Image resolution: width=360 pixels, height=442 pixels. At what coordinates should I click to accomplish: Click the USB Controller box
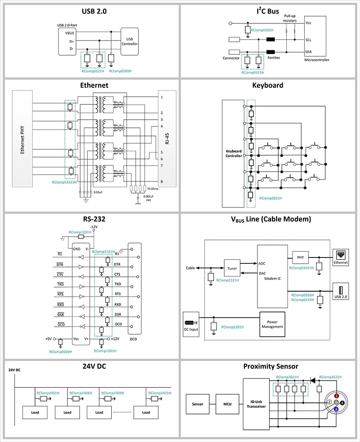pyautogui.click(x=130, y=41)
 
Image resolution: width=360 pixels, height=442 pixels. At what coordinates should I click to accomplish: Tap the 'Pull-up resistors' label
pyautogui.click(x=290, y=18)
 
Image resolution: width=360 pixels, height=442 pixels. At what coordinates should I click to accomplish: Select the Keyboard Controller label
pyautogui.click(x=234, y=153)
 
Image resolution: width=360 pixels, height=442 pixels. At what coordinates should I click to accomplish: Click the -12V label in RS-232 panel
pyautogui.click(x=94, y=226)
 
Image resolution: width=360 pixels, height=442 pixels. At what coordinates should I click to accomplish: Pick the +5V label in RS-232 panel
pyautogui.click(x=49, y=338)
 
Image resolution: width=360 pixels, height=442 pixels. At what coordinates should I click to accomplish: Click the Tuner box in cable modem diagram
pyautogui.click(x=232, y=268)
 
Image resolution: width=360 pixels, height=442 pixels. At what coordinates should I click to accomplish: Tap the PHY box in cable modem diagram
pyautogui.click(x=300, y=258)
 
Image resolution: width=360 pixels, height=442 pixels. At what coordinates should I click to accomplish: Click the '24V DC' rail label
pyautogui.click(x=14, y=370)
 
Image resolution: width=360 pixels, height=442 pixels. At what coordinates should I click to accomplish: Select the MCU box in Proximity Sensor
pyautogui.click(x=227, y=404)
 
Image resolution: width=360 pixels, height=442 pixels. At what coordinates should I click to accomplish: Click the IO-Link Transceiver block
pyautogui.click(x=256, y=403)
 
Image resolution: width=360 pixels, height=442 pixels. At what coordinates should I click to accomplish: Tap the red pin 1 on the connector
pyautogui.click(x=336, y=395)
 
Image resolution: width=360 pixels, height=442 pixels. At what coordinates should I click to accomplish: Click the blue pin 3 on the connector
pyautogui.click(x=336, y=409)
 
